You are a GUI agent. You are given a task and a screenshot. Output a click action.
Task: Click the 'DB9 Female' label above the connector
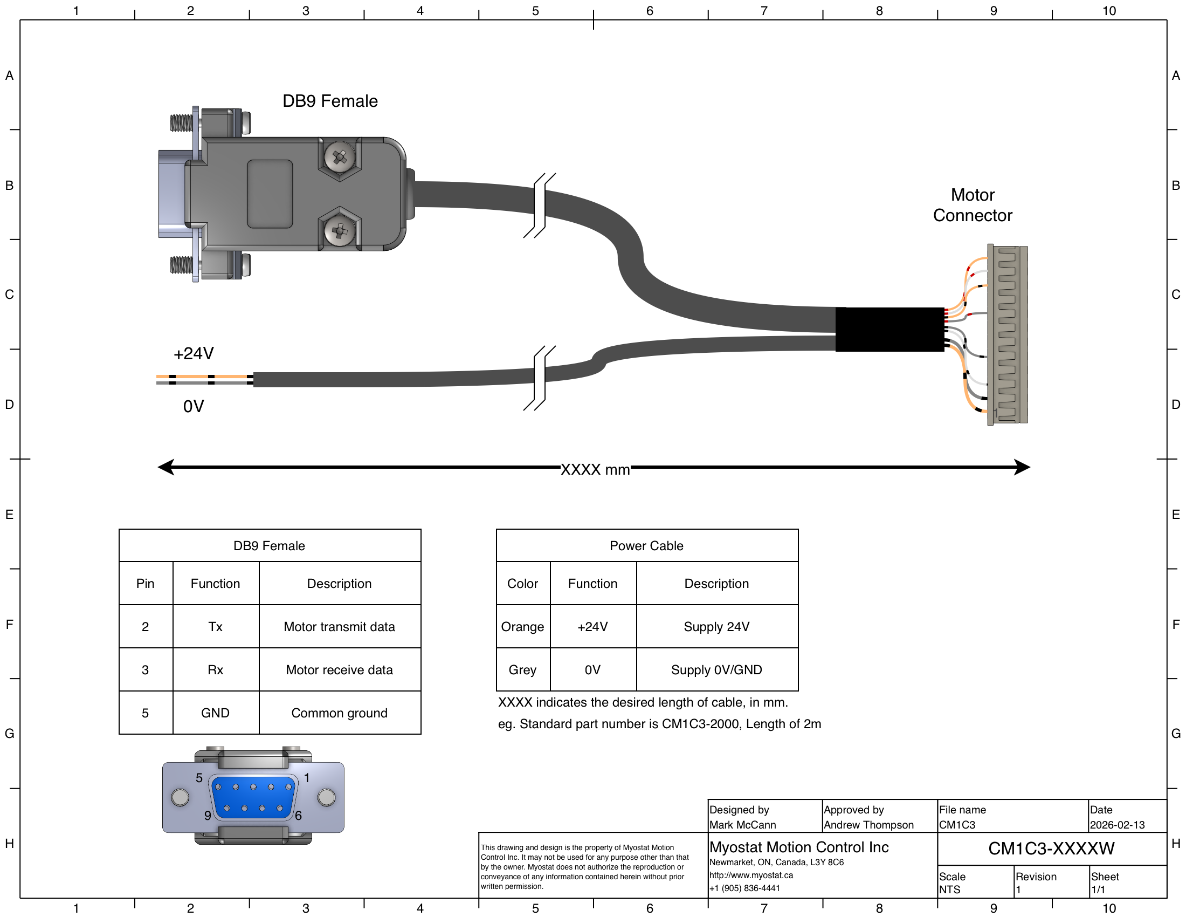(330, 101)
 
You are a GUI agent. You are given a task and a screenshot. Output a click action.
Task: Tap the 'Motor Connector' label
(973, 205)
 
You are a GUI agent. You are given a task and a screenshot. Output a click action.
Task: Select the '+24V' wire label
(194, 354)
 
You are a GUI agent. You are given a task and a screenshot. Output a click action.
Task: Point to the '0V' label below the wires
(194, 406)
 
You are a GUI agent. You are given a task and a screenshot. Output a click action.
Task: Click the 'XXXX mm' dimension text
(595, 469)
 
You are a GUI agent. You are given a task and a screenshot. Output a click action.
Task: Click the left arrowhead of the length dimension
(166, 467)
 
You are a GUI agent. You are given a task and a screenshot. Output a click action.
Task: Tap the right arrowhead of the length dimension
(1022, 467)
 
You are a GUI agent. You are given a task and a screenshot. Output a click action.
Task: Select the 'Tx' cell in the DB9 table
(215, 626)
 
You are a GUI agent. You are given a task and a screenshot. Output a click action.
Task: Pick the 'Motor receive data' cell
(340, 670)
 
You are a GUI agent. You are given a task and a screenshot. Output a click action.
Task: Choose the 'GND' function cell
(215, 713)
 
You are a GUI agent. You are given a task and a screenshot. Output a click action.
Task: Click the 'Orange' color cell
(522, 626)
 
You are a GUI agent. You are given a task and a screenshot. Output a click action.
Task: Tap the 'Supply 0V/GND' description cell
(717, 670)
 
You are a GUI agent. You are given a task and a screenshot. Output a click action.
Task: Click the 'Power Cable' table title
(647, 545)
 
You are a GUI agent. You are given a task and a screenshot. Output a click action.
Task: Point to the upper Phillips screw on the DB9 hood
(340, 158)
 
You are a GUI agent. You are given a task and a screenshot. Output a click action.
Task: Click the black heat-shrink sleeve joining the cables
(889, 329)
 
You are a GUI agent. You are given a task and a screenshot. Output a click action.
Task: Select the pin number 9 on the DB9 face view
(208, 816)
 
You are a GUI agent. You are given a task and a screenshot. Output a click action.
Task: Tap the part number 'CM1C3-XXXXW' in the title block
(1051, 848)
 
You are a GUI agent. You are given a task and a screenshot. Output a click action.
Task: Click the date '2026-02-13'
(1117, 825)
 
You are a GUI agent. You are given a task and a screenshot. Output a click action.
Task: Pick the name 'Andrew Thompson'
(868, 825)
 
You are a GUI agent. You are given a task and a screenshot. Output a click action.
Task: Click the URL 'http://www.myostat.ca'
(751, 875)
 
